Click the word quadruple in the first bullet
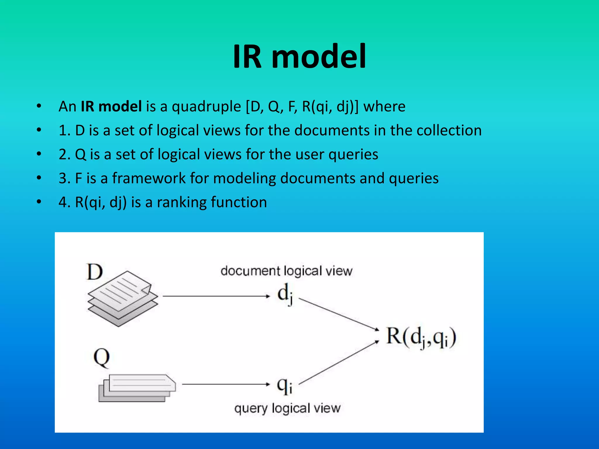pyautogui.click(x=206, y=106)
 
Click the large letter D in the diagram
pyautogui.click(x=94, y=272)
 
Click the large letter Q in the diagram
pyautogui.click(x=101, y=358)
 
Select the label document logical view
pyautogui.click(x=286, y=271)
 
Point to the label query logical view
pyautogui.click(x=287, y=408)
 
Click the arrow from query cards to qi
pyautogui.click(x=225, y=384)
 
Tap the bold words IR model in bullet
pyautogui.click(x=111, y=106)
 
